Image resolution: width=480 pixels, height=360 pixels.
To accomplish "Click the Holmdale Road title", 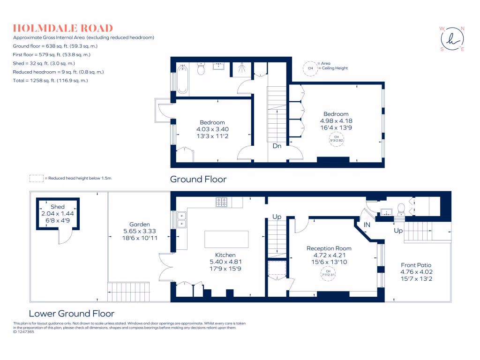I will tap(63, 28).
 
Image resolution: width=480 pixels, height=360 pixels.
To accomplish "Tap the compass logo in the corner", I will tap(452, 39).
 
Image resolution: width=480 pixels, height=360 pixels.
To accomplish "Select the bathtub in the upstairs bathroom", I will tap(183, 79).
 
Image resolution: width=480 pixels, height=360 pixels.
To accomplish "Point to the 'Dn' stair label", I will tap(277, 146).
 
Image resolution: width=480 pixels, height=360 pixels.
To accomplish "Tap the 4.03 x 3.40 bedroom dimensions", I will tap(212, 129).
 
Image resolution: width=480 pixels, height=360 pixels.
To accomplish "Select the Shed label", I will tap(58, 207).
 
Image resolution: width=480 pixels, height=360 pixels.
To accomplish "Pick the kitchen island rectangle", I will tap(226, 239).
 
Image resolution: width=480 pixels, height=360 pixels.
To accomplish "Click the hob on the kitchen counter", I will tap(222, 202).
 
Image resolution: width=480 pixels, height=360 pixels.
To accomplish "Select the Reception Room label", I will tap(329, 248).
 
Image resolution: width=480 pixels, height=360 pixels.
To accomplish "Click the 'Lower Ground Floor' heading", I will tap(71, 314).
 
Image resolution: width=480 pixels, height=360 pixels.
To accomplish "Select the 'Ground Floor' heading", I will tap(198, 179).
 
